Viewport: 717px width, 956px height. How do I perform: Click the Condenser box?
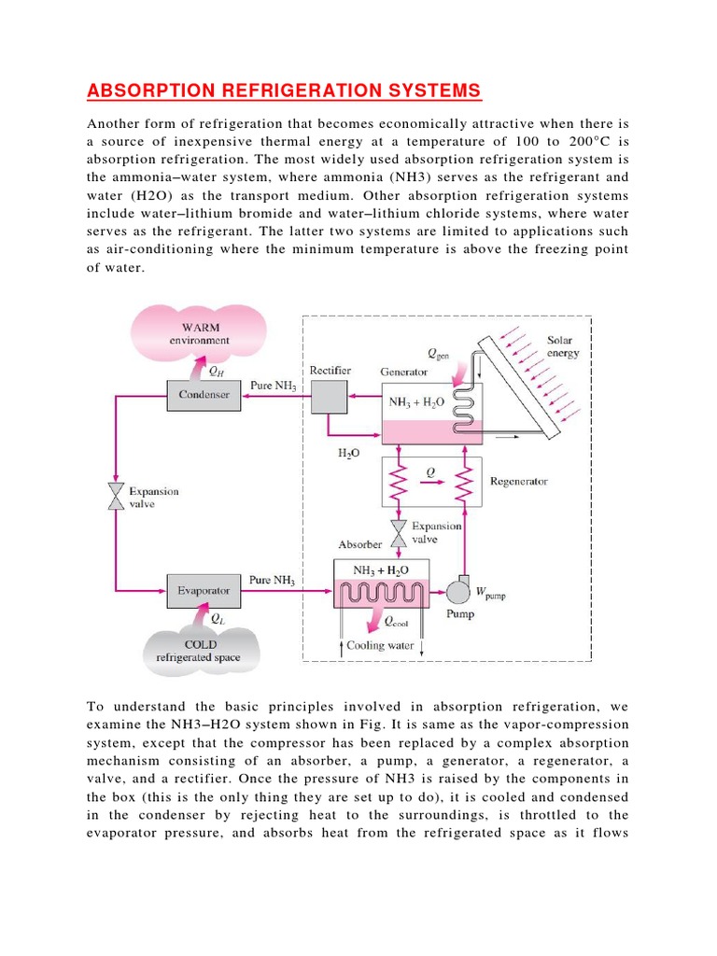click(x=204, y=395)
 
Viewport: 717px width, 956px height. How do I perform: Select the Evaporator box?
click(x=204, y=590)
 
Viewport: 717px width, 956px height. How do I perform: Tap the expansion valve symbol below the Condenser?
click(x=116, y=497)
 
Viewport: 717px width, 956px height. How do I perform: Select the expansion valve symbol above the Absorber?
click(x=399, y=533)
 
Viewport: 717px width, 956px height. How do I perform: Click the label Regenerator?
click(x=518, y=482)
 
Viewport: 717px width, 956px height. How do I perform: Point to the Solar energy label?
click(x=563, y=347)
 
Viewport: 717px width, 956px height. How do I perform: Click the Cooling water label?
click(x=379, y=645)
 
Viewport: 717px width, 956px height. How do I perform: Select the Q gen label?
click(x=438, y=354)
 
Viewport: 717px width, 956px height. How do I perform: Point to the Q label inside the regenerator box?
click(x=430, y=471)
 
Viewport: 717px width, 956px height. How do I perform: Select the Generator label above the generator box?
click(x=404, y=372)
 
